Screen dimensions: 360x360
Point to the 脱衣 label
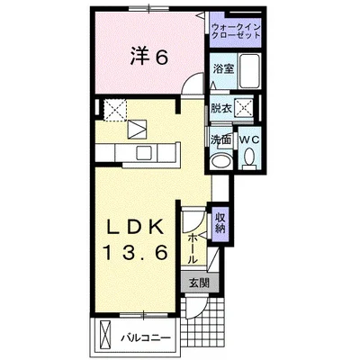220,109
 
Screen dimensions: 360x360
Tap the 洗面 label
220,140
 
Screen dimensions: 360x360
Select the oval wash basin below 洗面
220,162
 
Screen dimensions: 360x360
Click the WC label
249,140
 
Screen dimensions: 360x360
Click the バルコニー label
148,338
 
